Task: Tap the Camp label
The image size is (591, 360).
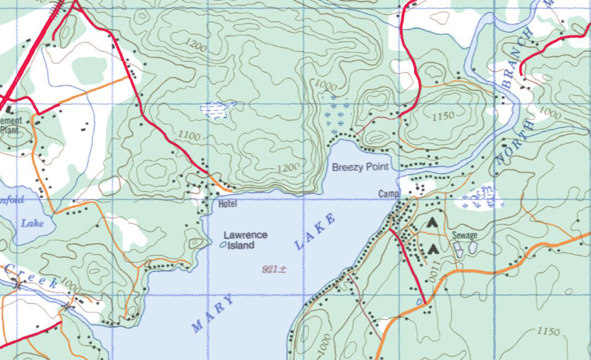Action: [387, 195]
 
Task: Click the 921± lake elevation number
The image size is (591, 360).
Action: [274, 269]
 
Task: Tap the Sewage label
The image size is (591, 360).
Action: [465, 236]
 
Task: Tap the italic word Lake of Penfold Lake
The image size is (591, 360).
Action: [31, 223]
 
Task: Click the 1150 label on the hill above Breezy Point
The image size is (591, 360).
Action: [442, 116]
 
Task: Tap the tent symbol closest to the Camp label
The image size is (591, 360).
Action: [431, 222]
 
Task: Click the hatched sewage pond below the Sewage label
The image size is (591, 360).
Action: [459, 249]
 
